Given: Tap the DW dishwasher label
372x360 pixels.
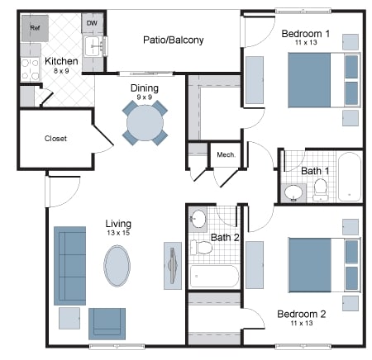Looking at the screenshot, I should [x=92, y=23].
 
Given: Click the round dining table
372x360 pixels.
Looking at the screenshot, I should [x=145, y=123].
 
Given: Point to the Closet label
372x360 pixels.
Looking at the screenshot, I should [x=55, y=139].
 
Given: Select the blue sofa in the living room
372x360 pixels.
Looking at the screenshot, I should [x=69, y=264].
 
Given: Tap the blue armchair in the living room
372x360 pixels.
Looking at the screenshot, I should [x=107, y=322].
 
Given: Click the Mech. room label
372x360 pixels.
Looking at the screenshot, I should [x=225, y=154].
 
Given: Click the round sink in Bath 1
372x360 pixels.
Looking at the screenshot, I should [x=293, y=193].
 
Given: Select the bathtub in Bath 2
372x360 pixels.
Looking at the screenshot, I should [x=213, y=276].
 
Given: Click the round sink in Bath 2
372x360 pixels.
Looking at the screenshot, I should [x=198, y=220].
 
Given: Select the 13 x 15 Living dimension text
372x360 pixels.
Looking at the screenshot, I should [x=119, y=234].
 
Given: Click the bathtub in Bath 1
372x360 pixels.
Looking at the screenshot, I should [x=349, y=177].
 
